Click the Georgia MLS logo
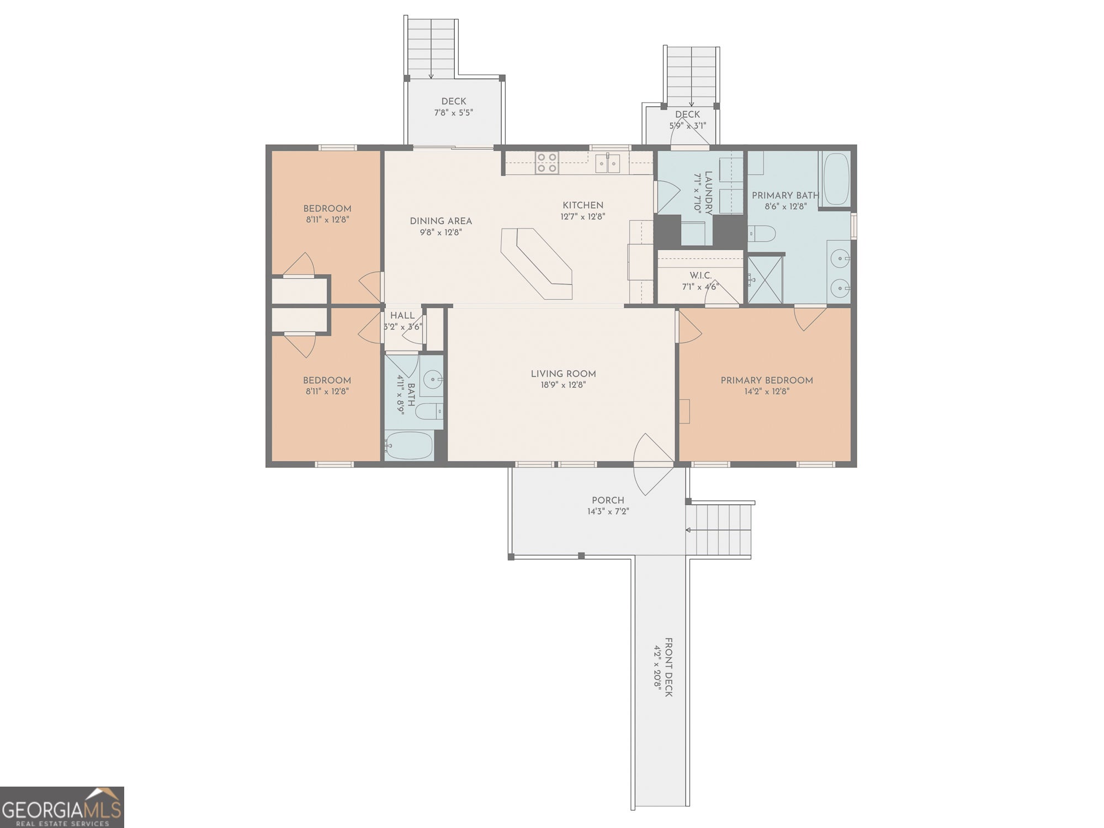point(62,807)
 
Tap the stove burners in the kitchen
point(546,163)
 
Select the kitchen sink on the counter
point(607,163)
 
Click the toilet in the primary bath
point(762,233)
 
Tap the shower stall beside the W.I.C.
point(765,279)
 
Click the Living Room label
point(563,374)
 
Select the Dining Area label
point(440,221)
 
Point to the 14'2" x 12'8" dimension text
point(767,391)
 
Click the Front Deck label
point(668,667)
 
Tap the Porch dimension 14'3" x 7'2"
point(608,512)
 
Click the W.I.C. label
point(700,275)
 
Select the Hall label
point(402,315)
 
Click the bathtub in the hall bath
point(409,445)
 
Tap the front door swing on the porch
point(654,464)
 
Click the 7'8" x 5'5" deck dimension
point(453,113)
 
